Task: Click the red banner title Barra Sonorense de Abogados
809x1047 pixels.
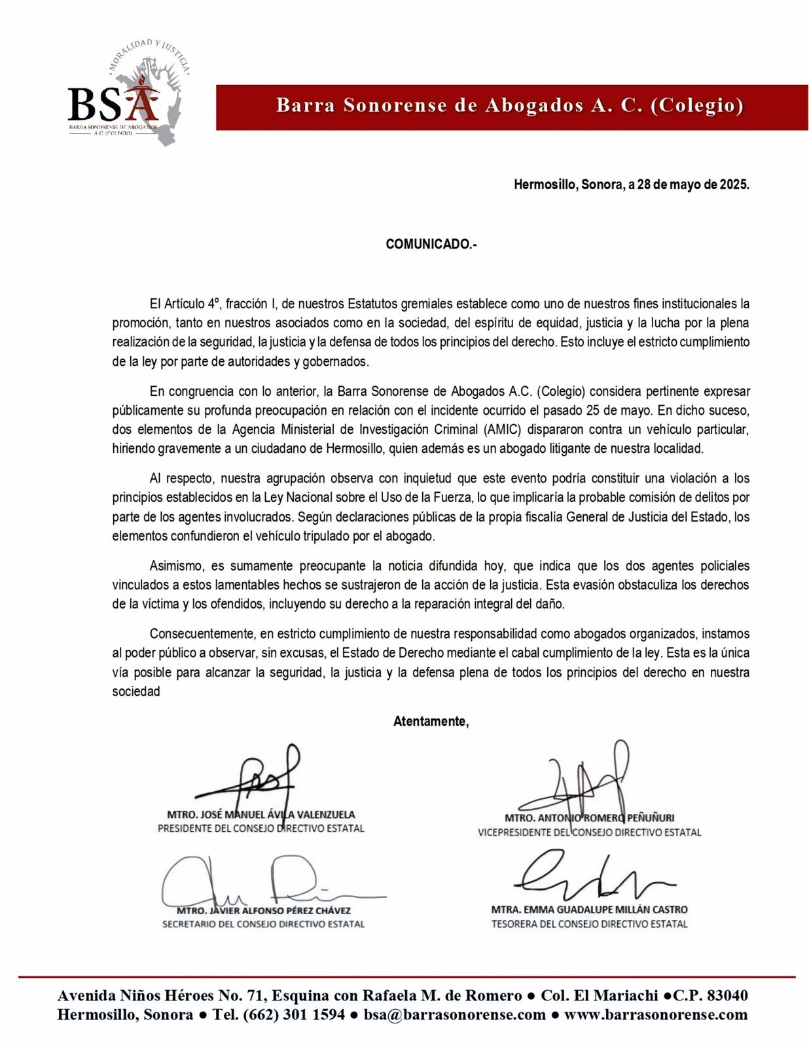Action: pos(510,106)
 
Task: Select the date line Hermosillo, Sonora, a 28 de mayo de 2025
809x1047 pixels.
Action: pos(631,185)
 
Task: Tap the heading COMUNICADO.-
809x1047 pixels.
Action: pos(431,245)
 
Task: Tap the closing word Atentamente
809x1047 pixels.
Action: pos(431,721)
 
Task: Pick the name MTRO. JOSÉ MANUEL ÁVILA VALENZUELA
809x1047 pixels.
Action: pos(261,815)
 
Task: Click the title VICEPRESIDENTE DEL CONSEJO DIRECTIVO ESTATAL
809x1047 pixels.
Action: pos(589,832)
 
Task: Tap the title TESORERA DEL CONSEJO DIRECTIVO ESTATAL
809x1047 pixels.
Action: pos(589,924)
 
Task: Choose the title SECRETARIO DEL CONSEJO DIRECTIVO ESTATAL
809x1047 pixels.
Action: pos(263,924)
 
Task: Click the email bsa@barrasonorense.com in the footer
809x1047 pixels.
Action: pos(455,1015)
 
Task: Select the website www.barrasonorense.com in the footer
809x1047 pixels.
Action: pos(655,1015)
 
